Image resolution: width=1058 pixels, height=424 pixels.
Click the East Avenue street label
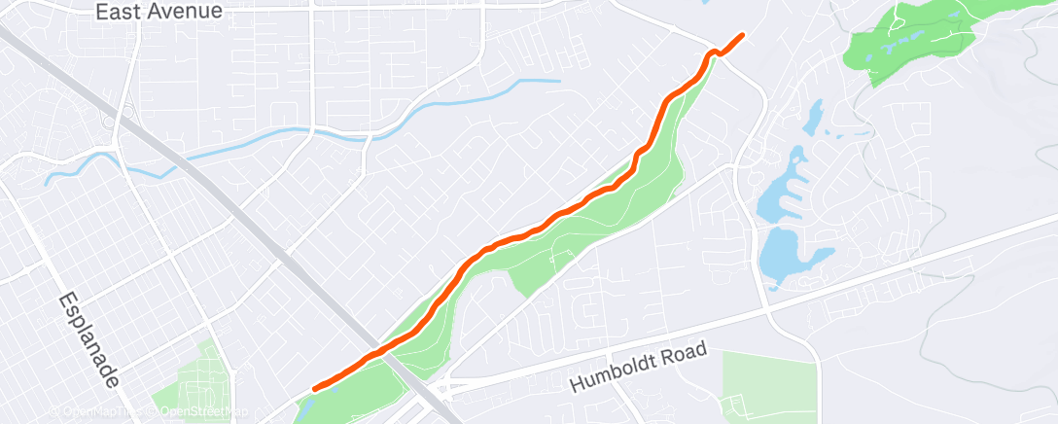click(x=159, y=12)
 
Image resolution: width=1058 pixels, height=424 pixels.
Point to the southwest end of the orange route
click(x=314, y=389)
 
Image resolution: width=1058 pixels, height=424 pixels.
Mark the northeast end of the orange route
click(x=744, y=35)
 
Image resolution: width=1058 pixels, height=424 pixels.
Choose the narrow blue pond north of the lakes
click(x=809, y=119)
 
